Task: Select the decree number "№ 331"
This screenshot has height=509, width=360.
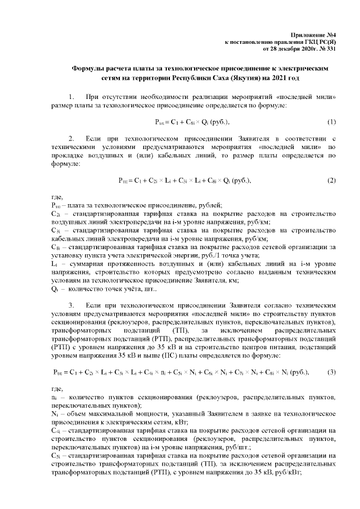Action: (327, 49)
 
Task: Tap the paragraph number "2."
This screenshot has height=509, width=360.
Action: (71, 138)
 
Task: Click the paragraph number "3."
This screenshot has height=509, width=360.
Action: (71, 305)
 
